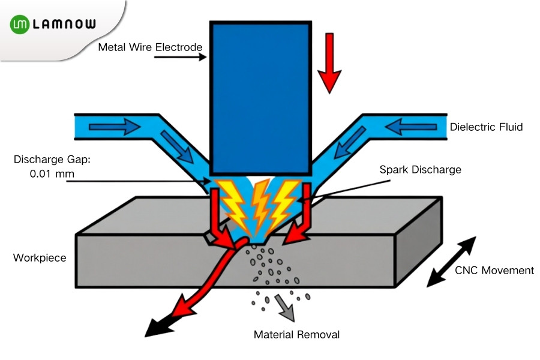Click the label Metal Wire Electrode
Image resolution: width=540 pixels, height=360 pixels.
click(151, 47)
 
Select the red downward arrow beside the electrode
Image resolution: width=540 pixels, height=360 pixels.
click(329, 64)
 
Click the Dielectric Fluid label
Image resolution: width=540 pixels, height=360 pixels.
click(486, 127)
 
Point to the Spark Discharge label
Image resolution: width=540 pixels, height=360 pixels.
click(420, 170)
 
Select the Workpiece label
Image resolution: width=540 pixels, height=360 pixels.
click(40, 258)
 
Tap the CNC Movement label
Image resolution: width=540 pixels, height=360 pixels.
click(494, 270)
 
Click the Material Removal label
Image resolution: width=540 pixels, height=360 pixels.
click(296, 334)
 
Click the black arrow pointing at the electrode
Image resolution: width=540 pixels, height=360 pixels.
click(179, 58)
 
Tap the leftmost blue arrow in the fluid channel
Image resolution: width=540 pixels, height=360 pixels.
click(114, 127)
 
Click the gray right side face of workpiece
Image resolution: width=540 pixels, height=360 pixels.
click(419, 240)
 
